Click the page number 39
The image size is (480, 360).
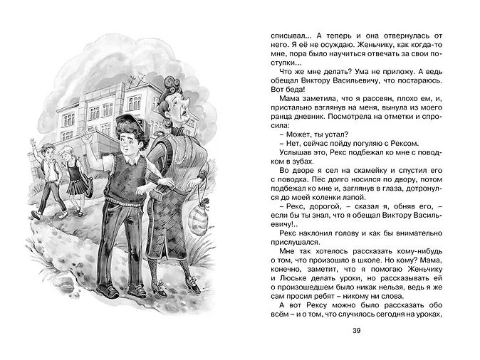click(357, 330)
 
